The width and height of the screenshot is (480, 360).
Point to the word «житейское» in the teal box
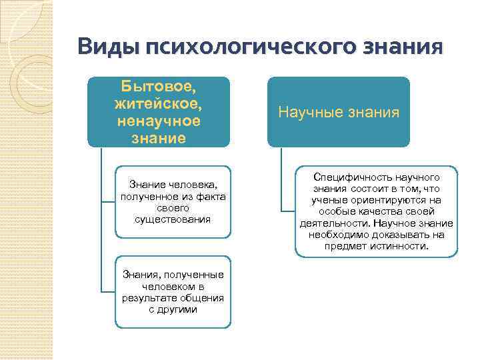point(158,105)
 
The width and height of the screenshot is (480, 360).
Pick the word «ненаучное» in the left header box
point(158,121)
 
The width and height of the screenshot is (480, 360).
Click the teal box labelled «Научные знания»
point(339,112)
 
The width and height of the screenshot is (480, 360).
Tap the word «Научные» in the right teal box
point(310,112)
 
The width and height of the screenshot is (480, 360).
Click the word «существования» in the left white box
point(172,219)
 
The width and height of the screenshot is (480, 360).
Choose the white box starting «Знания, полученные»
point(173,292)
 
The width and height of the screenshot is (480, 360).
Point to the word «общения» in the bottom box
point(200,298)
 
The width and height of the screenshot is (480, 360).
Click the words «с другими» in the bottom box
point(173,309)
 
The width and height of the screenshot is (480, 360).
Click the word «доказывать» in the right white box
point(396,235)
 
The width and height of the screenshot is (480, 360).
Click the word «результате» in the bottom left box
point(145,298)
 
